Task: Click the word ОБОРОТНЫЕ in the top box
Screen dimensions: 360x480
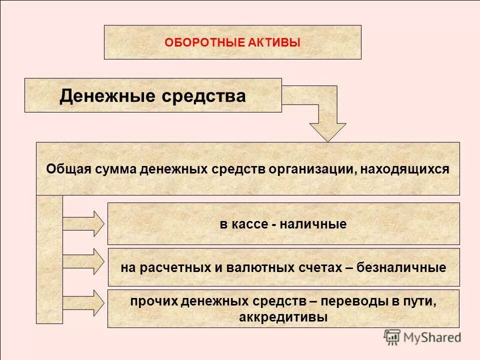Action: click(x=204, y=42)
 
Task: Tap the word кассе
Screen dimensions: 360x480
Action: click(x=249, y=224)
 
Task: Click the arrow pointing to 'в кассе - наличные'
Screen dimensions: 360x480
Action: click(x=84, y=223)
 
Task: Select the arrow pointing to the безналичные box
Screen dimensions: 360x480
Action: click(x=84, y=261)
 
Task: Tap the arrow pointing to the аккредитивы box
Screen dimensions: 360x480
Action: click(x=84, y=301)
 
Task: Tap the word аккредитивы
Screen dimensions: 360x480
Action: click(x=283, y=317)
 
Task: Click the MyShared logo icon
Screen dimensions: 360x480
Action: click(x=392, y=337)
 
